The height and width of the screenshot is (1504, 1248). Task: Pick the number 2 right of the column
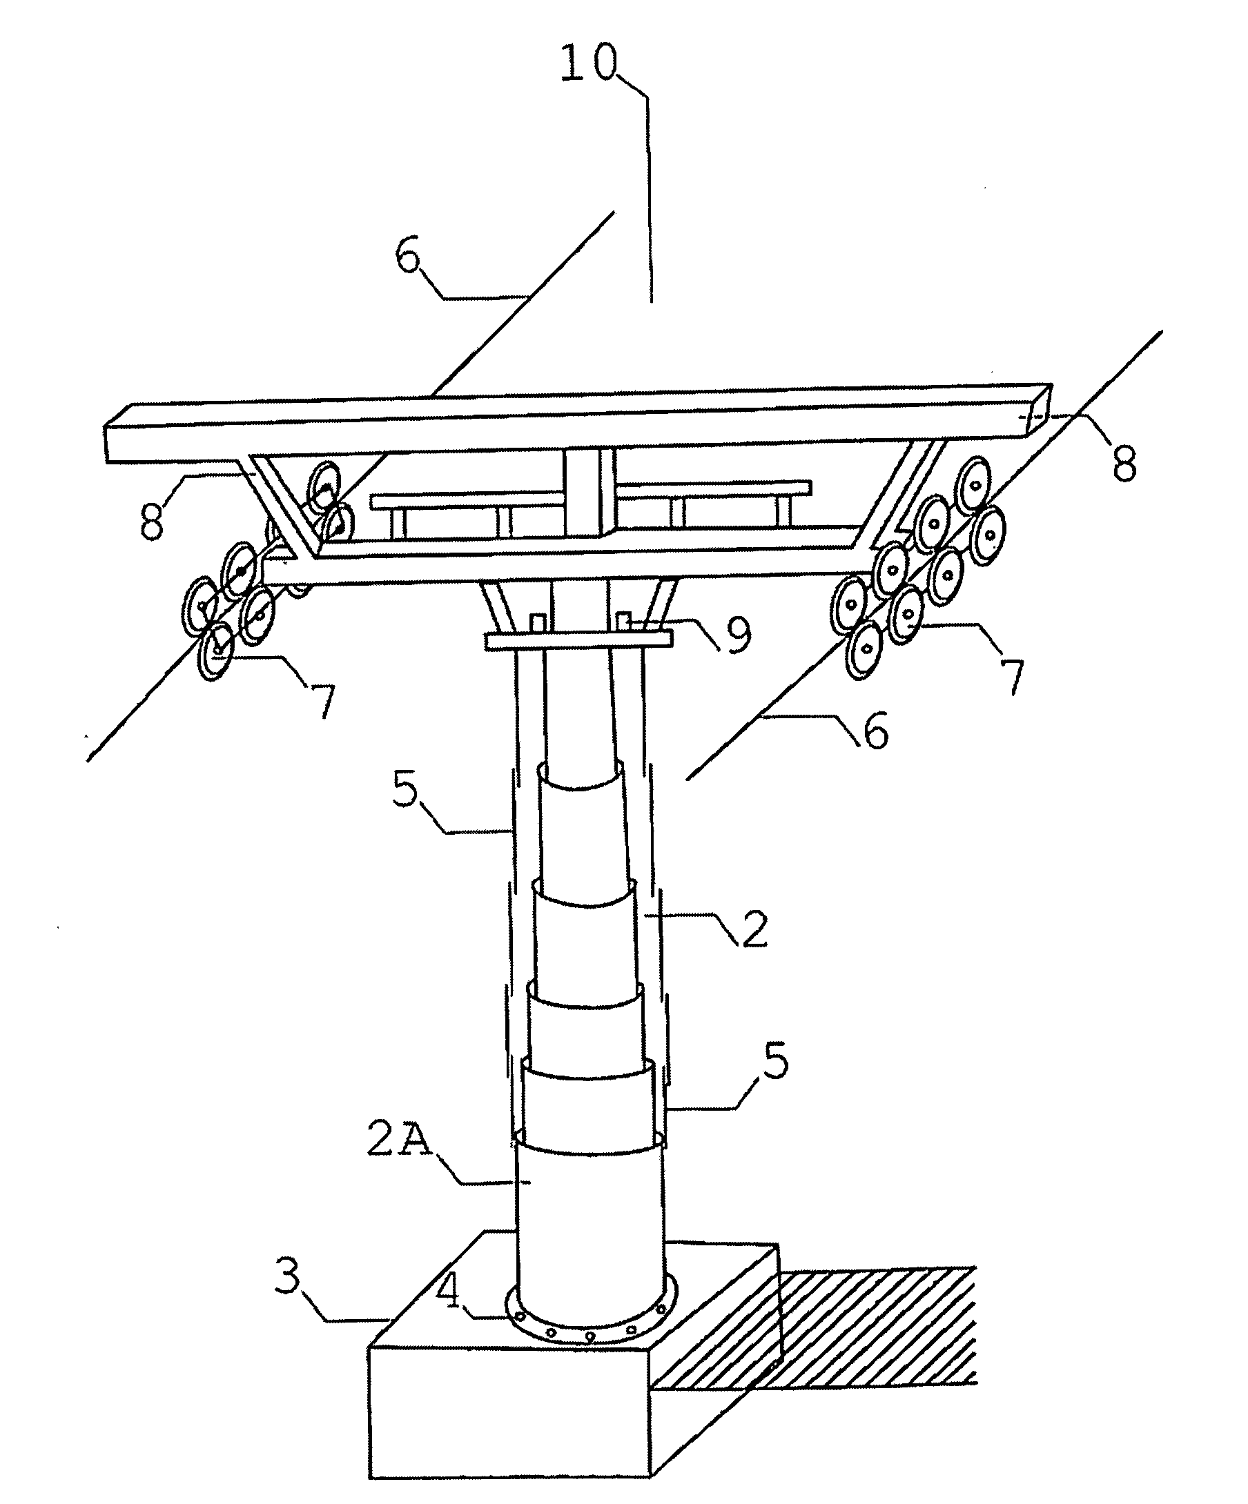[752, 929]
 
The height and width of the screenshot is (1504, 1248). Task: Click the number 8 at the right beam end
[1123, 464]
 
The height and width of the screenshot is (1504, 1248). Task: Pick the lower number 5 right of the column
[775, 1060]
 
